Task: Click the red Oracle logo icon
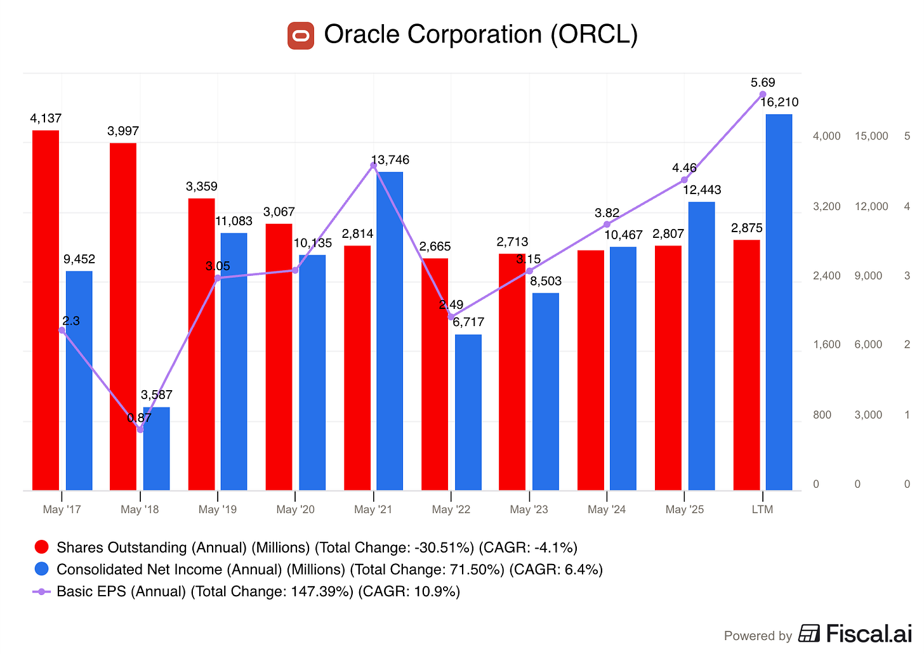pyautogui.click(x=301, y=36)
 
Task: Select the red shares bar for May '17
pyautogui.click(x=46, y=310)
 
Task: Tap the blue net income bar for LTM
pyautogui.click(x=779, y=302)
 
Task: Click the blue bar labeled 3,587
pyautogui.click(x=156, y=448)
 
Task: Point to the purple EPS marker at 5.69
pyautogui.click(x=763, y=95)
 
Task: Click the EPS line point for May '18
pyautogui.click(x=140, y=429)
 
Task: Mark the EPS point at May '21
pyautogui.click(x=374, y=166)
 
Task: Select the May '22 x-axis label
pyautogui.click(x=451, y=509)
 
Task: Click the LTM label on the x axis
pyautogui.click(x=762, y=509)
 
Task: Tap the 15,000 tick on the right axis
pyautogui.click(x=871, y=136)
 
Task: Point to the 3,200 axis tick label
pyautogui.click(x=827, y=206)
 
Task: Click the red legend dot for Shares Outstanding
pyautogui.click(x=42, y=547)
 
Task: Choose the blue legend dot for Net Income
pyautogui.click(x=42, y=568)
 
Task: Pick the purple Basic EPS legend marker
pyautogui.click(x=42, y=592)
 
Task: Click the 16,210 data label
pyautogui.click(x=779, y=102)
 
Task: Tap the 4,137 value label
pyautogui.click(x=46, y=119)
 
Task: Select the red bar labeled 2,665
pyautogui.click(x=435, y=374)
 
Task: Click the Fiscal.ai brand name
pyautogui.click(x=869, y=633)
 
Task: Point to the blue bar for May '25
pyautogui.click(x=702, y=346)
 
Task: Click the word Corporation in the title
pyautogui.click(x=475, y=34)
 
